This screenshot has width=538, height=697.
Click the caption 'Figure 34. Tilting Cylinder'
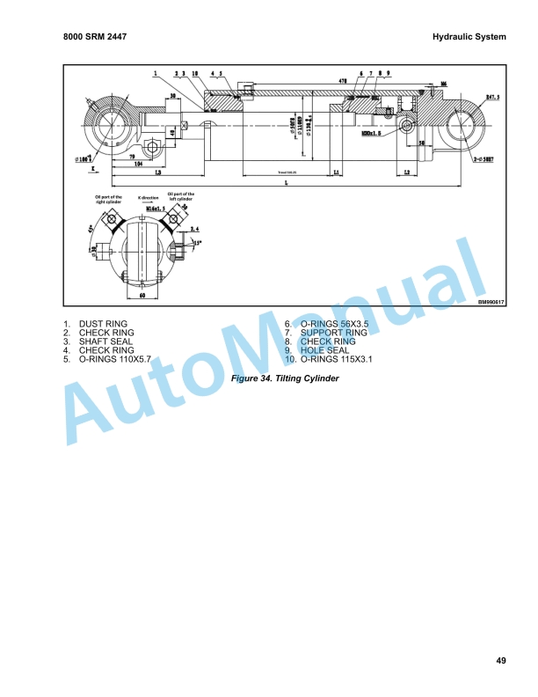pos(284,378)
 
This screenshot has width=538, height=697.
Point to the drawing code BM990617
pos(493,302)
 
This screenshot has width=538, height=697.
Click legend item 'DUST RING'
pos(103,324)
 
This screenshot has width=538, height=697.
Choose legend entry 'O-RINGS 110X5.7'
pos(115,359)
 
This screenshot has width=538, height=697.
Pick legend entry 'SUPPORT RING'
pos(333,333)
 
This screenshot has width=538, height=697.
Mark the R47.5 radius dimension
pos(491,97)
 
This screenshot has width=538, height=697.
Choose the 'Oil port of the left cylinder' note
pos(181,195)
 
